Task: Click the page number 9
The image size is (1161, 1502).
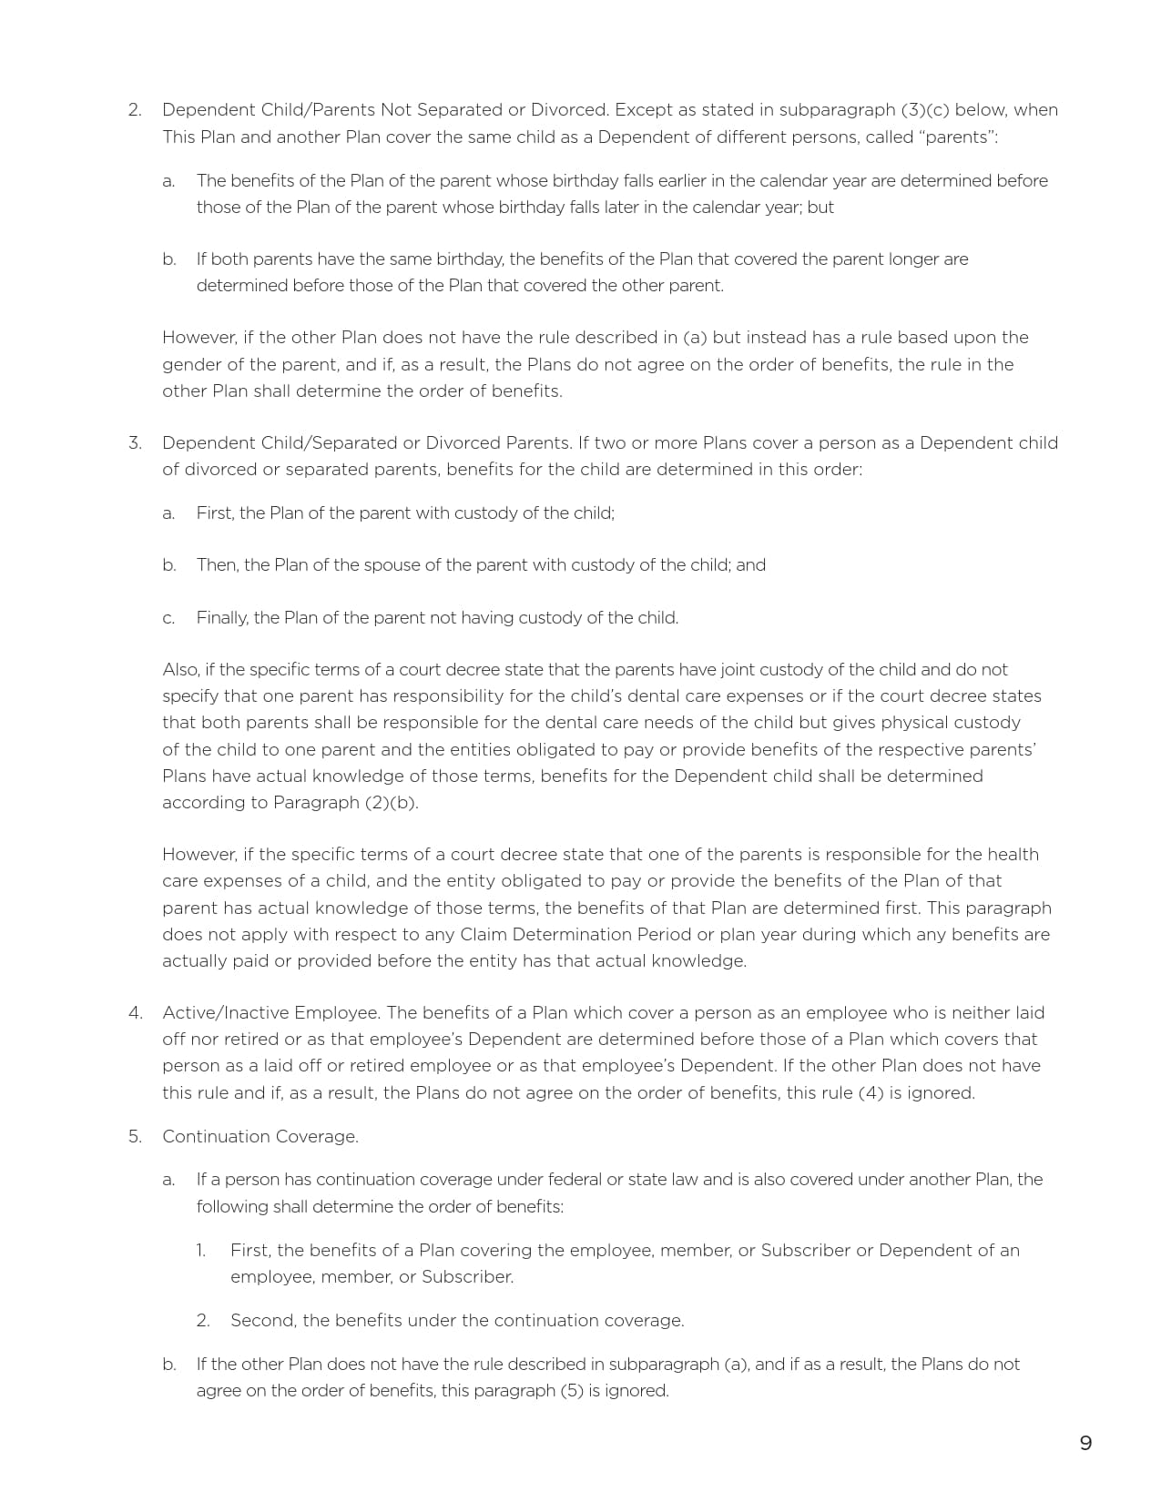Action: pyautogui.click(x=1085, y=1443)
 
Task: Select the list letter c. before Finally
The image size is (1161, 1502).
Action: pyautogui.click(x=168, y=618)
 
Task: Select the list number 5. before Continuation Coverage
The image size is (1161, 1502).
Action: pyautogui.click(x=135, y=1136)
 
